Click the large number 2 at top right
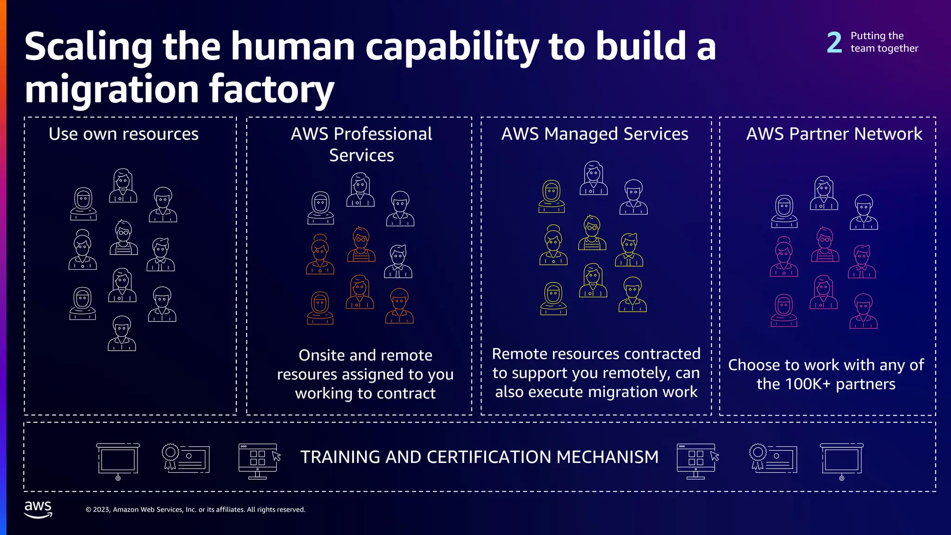coord(834,42)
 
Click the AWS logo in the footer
coord(38,509)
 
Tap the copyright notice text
coord(195,509)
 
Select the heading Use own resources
coord(124,134)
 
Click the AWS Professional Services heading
coord(361,144)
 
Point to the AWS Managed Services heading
coord(594,134)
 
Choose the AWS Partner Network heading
coord(834,134)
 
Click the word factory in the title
coord(272,89)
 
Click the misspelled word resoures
coord(307,374)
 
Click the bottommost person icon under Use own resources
coord(122,333)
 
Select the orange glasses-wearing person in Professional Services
coord(361,245)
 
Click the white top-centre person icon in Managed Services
coord(593,178)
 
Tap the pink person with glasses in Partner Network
coord(825,245)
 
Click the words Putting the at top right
coord(877,36)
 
